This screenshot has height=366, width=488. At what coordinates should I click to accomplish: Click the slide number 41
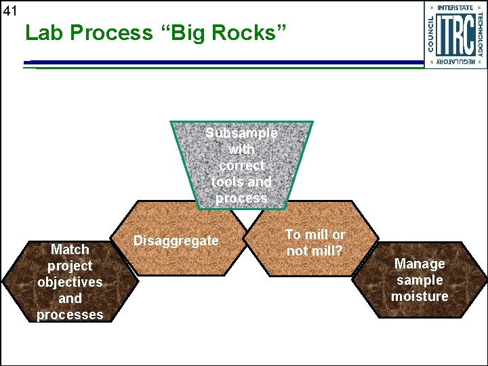[x=9, y=10]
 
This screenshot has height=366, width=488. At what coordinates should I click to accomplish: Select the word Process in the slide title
[x=110, y=33]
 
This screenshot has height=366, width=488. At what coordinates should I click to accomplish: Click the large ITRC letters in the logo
[x=454, y=33]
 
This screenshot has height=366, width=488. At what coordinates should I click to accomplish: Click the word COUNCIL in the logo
[x=432, y=33]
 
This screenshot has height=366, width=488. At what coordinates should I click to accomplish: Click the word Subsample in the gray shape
[x=241, y=133]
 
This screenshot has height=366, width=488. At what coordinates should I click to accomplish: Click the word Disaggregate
[x=176, y=241]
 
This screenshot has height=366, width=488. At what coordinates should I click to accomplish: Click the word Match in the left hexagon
[x=70, y=249]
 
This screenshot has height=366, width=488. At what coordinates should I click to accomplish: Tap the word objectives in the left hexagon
[x=70, y=282]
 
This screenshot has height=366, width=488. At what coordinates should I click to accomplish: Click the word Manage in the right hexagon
[x=420, y=264]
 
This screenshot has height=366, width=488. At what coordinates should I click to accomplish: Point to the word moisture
[x=420, y=296]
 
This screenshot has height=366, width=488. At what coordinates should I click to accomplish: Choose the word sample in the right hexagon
[x=420, y=280]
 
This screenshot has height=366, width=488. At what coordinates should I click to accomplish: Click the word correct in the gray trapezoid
[x=241, y=165]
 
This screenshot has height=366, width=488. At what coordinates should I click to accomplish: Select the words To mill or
[x=314, y=235]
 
